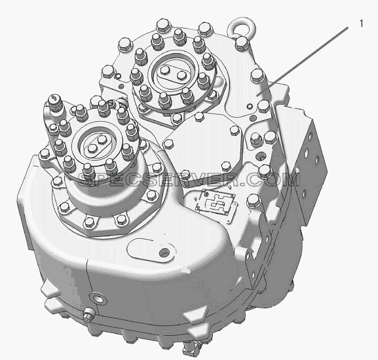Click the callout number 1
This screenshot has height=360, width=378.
[x=361, y=24]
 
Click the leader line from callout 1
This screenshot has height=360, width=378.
[x=303, y=62]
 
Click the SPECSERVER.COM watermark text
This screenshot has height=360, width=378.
[x=189, y=179]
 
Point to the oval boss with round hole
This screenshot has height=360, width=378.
[x=152, y=250]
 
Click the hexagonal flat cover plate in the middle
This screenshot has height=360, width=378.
[x=204, y=149]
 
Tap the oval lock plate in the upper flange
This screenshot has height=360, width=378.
[x=172, y=73]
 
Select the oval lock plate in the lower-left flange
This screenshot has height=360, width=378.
[x=96, y=144]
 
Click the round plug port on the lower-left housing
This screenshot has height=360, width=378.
[x=98, y=299]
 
